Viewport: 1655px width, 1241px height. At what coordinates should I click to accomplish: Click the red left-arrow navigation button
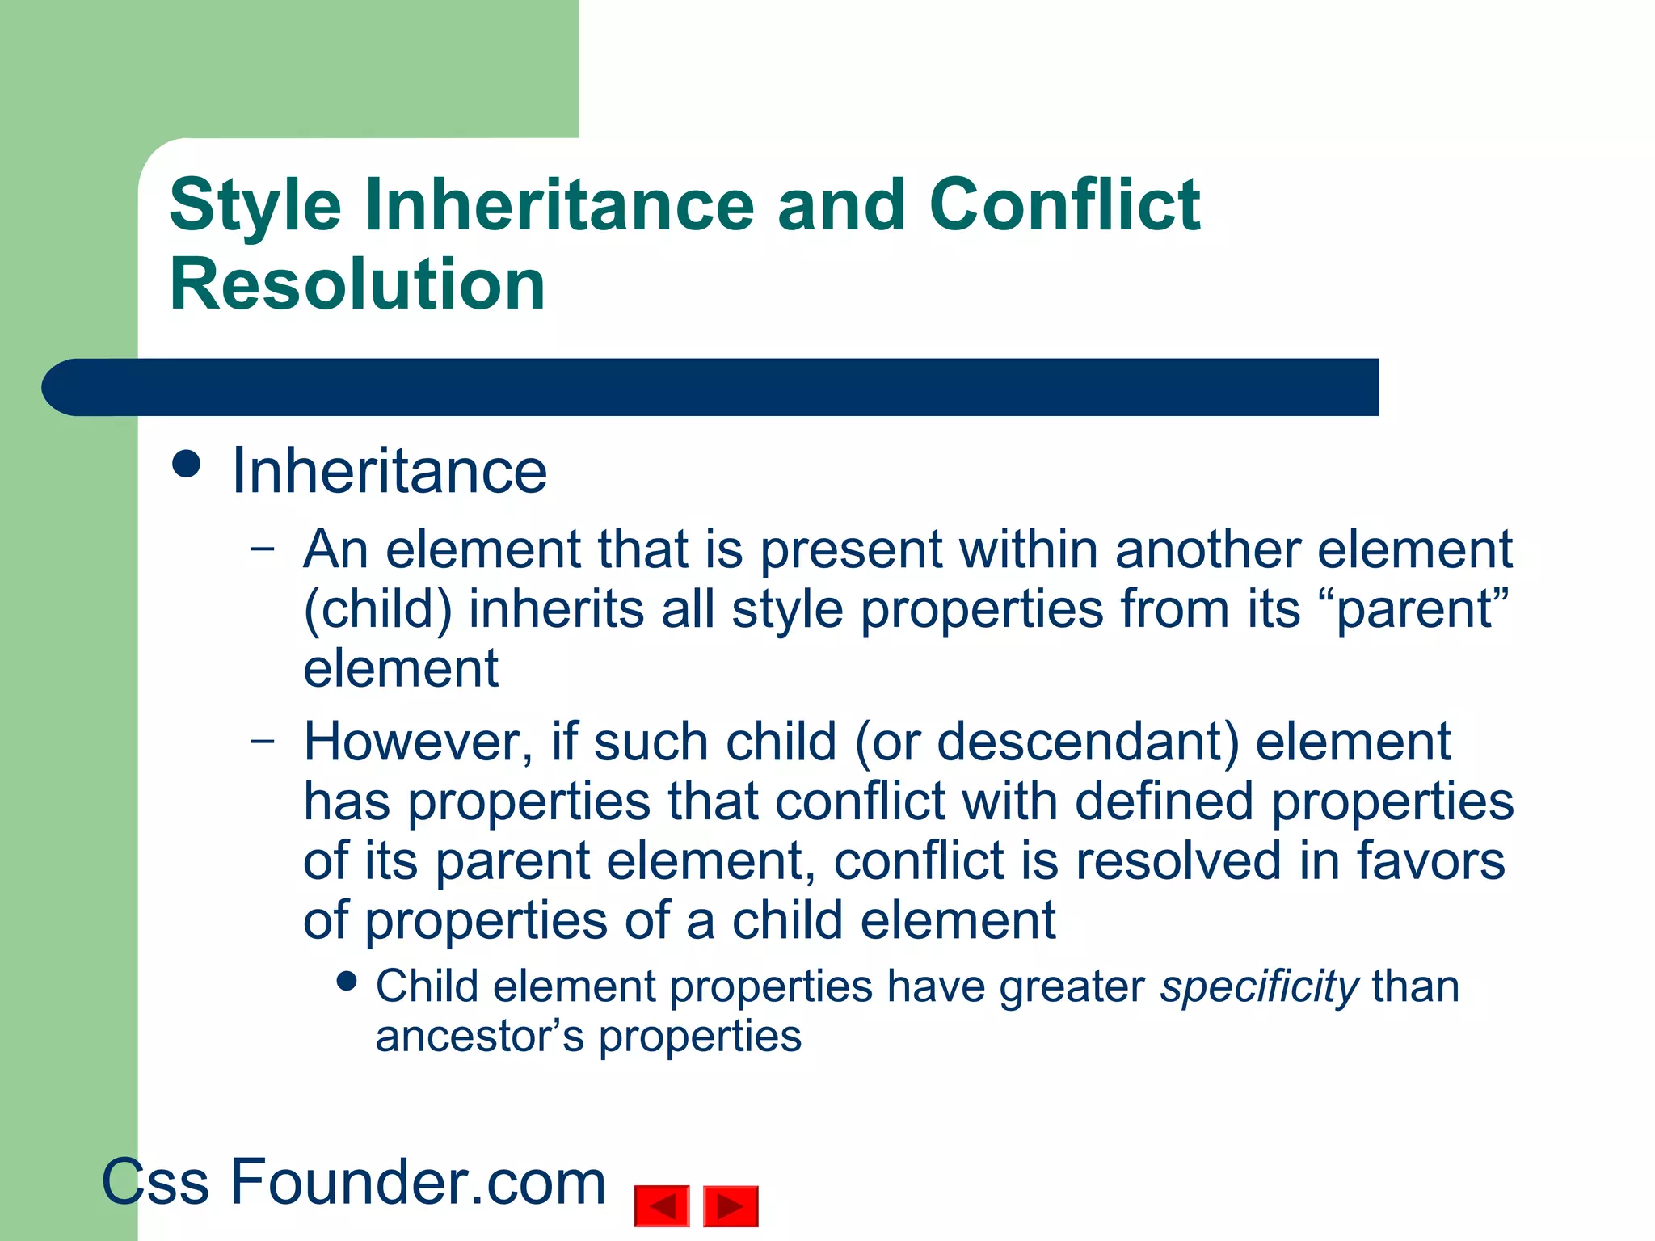pos(662,1206)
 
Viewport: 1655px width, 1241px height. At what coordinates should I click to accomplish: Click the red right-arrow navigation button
pos(731,1206)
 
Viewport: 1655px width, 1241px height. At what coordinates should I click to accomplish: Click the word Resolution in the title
pos(357,284)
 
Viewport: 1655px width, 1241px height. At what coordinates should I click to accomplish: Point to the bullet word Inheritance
pos(390,471)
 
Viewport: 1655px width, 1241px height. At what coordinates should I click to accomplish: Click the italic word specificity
pos(1259,988)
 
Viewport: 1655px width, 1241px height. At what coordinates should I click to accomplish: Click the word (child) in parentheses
pos(377,609)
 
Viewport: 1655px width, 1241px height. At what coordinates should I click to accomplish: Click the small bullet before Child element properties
pos(347,981)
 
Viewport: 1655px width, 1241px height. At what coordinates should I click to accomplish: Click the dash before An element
pos(263,549)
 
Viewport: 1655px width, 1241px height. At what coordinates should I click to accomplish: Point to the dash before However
pos(263,740)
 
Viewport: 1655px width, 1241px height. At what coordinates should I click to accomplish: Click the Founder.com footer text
pos(418,1182)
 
